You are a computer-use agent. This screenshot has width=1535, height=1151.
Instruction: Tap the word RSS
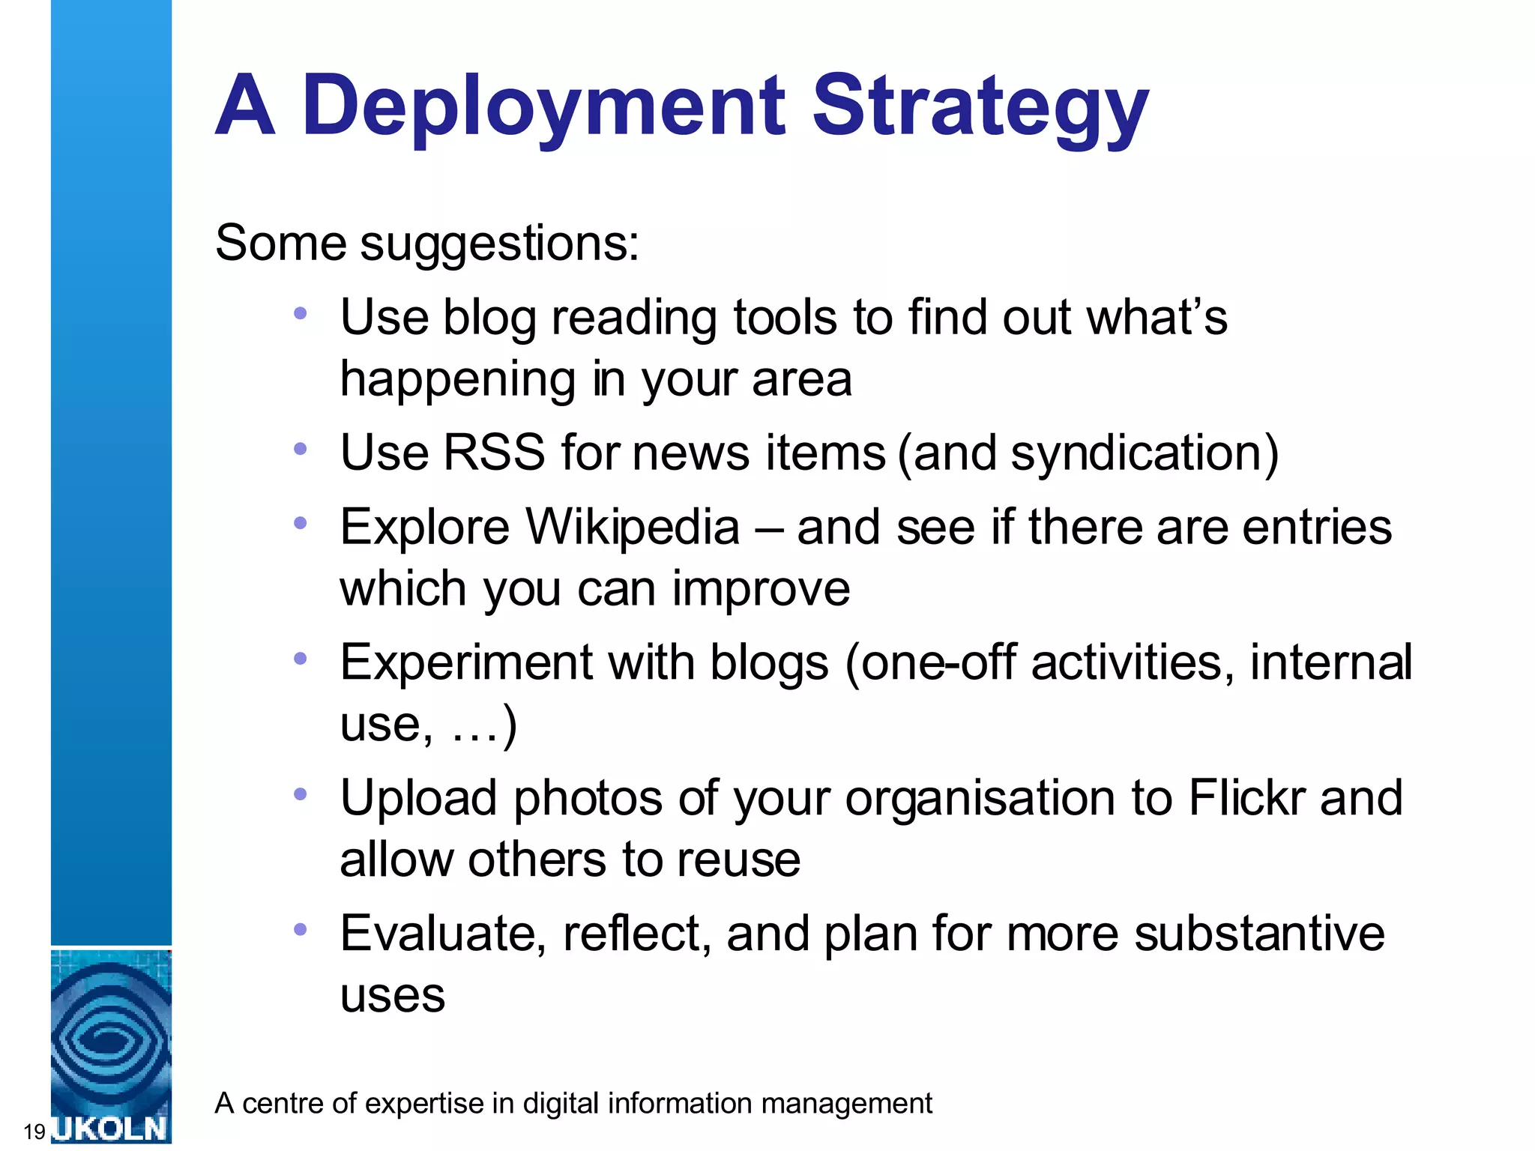tap(494, 452)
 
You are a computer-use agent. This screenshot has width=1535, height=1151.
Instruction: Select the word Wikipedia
tap(633, 526)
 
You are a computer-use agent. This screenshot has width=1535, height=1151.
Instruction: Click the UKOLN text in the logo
tap(111, 1129)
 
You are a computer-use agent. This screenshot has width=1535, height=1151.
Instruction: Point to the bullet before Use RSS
tap(301, 449)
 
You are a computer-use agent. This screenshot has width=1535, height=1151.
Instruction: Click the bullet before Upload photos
tap(301, 794)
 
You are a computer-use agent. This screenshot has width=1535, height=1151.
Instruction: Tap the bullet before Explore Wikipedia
tap(301, 523)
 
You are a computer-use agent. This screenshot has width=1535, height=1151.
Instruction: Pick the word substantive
tap(1259, 933)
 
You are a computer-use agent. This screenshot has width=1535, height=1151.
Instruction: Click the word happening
tap(457, 378)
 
